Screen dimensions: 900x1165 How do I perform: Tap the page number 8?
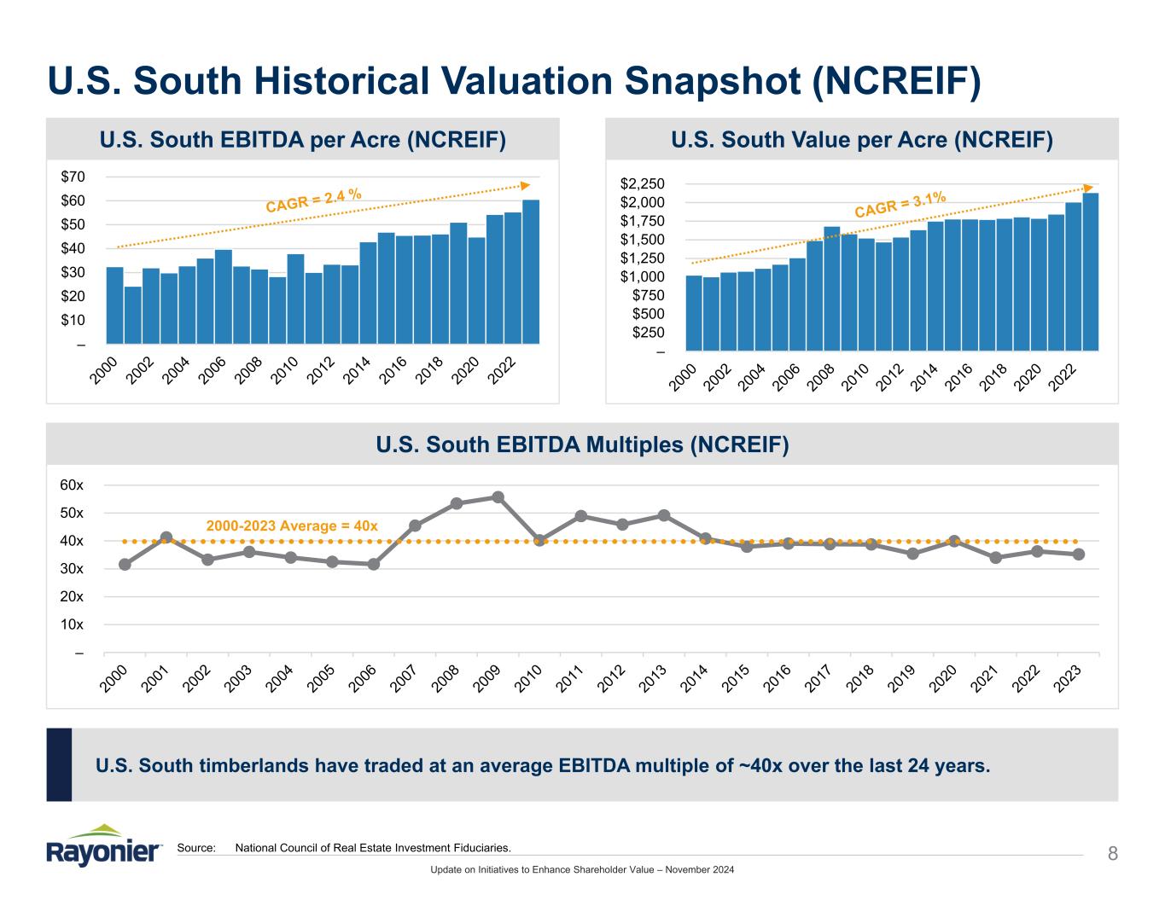[1112, 853]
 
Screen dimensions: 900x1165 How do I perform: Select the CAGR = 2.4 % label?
[314, 200]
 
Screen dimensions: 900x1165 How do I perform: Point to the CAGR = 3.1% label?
[900, 205]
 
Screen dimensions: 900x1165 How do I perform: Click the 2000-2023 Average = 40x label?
[292, 526]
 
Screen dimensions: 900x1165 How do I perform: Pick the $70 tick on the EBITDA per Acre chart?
[73, 177]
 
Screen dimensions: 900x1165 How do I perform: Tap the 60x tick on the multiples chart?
[73, 485]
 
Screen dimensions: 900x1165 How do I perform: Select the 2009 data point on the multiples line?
[498, 497]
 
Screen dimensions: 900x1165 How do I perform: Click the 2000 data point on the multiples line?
[125, 564]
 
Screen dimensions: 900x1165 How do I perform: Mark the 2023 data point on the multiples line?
[1079, 555]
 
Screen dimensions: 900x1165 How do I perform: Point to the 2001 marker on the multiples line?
[166, 537]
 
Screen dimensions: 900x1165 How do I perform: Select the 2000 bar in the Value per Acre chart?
[694, 312]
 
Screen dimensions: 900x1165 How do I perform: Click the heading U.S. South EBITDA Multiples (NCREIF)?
[582, 444]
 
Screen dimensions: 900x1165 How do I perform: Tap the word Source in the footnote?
[196, 848]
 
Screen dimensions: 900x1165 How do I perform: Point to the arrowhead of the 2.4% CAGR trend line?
[525, 185]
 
